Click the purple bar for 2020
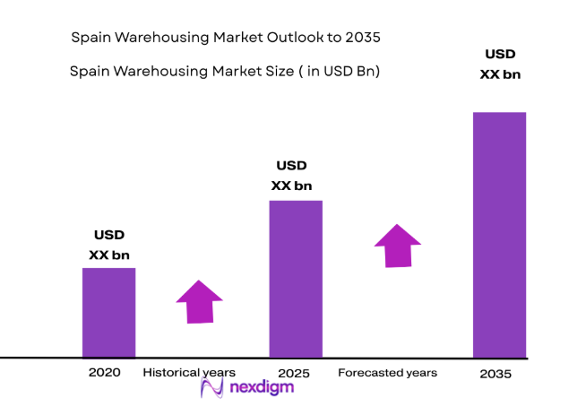(x=108, y=312)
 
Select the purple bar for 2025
(x=296, y=278)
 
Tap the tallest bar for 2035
(x=499, y=234)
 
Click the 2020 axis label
(x=104, y=372)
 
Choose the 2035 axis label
(x=496, y=373)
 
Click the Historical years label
(x=189, y=372)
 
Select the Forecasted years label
(x=387, y=372)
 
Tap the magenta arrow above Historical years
(x=199, y=301)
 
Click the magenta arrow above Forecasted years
(x=397, y=245)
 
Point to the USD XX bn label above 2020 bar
(x=109, y=245)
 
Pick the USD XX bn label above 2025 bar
(x=291, y=176)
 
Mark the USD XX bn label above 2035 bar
(x=500, y=65)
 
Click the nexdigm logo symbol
(x=211, y=387)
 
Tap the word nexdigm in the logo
(x=261, y=388)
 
